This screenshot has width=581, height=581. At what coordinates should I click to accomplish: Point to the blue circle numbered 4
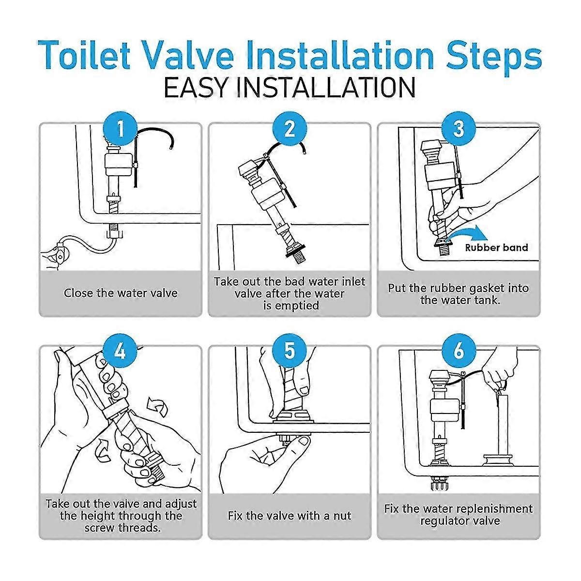pyautogui.click(x=120, y=351)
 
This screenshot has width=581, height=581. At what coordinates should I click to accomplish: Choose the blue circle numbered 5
pyautogui.click(x=290, y=351)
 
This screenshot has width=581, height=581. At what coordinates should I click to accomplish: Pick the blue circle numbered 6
pyautogui.click(x=459, y=351)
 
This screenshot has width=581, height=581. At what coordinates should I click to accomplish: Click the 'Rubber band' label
pyautogui.click(x=496, y=248)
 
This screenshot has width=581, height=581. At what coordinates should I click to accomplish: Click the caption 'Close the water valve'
pyautogui.click(x=121, y=293)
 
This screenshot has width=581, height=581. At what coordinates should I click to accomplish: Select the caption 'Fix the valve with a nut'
pyautogui.click(x=290, y=515)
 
